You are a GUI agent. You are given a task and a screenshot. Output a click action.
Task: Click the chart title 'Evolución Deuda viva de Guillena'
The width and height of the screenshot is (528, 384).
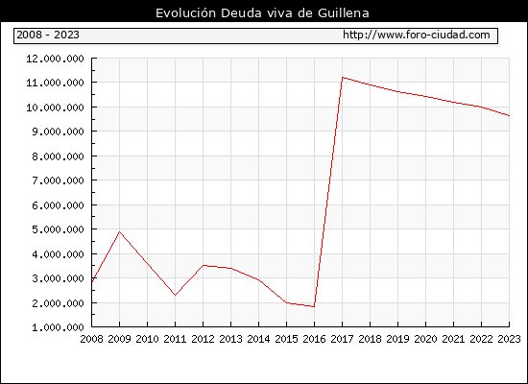pos(262,13)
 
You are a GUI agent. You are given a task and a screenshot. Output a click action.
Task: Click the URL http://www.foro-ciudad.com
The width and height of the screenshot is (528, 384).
pos(417,35)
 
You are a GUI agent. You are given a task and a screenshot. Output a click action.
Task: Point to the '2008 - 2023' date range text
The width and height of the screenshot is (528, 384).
pos(48,35)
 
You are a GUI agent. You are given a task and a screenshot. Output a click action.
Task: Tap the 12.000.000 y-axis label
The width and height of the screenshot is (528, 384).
pos(55,59)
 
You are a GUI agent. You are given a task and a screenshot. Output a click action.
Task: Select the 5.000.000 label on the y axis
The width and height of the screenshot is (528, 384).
pos(58,229)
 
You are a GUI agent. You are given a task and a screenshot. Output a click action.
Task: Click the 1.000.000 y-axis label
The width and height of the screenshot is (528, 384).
pos(58,327)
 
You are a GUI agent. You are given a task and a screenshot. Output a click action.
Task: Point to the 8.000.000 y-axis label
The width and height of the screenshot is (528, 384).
pos(58,156)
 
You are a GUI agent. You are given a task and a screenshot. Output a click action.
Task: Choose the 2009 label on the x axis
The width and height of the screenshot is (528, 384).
pos(119,339)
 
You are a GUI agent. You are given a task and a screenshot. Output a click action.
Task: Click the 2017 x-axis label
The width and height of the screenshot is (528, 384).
pos(342,339)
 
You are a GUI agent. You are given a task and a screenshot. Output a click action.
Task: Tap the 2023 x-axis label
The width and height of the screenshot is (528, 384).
pos(509,339)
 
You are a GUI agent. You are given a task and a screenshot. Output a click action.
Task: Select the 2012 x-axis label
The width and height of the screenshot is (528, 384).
pos(203,339)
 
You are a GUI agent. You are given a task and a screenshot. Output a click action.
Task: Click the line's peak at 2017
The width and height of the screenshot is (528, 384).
pos(342,78)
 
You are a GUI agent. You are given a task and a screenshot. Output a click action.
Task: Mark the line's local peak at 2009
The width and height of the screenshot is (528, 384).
pos(119,231)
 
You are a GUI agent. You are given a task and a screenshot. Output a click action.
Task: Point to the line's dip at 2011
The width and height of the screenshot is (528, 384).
pos(175,295)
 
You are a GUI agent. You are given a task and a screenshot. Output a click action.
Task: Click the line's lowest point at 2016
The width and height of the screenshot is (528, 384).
pos(314,306)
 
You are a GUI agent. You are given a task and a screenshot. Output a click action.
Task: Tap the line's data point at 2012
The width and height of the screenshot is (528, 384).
pos(203,265)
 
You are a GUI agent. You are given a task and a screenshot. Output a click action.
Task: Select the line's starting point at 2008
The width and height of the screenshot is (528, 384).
pos(92,281)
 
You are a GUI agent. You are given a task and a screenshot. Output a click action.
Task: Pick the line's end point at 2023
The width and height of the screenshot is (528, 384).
pos(509,115)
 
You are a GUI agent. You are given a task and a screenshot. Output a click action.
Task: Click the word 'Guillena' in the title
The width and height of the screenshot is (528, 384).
pos(343,13)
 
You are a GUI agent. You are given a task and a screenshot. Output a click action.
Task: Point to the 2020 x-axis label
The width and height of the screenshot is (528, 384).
pos(425,339)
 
